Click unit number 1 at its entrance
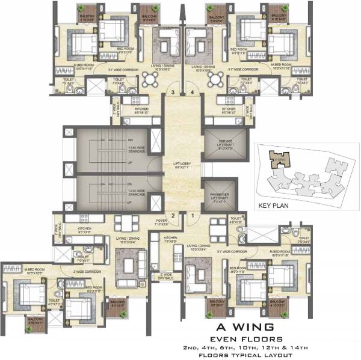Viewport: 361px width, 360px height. coord(193,215)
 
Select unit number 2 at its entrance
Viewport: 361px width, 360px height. coord(172,215)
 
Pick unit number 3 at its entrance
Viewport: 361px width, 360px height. coord(173,92)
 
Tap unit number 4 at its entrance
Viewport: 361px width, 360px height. coord(192,92)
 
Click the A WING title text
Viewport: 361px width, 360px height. coord(247,327)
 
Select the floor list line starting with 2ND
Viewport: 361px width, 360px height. coord(247,347)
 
